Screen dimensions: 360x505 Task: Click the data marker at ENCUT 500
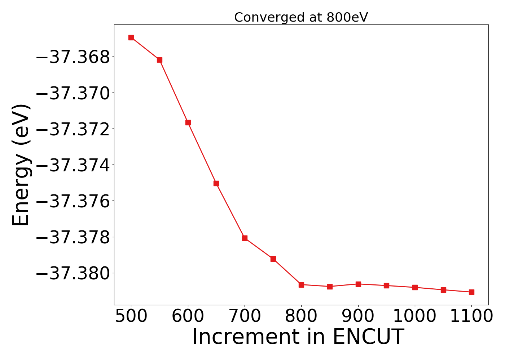point(131,37)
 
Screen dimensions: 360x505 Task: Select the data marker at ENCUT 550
point(159,60)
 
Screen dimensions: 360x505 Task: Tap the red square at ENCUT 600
point(188,122)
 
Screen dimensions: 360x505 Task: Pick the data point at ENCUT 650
point(216,183)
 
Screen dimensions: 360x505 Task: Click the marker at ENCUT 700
point(245,238)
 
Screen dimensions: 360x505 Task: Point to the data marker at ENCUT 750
point(273,259)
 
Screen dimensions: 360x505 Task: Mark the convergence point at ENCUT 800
point(301,285)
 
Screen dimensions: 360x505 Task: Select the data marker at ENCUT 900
point(358,284)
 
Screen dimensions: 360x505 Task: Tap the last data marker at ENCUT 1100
point(471,292)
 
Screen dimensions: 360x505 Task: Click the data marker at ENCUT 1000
point(415,287)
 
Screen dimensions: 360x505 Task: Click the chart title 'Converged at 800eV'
point(301,17)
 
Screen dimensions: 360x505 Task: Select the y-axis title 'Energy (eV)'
point(21,165)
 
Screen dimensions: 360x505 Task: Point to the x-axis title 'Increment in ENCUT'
point(298,337)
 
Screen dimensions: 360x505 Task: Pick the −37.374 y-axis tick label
point(73,165)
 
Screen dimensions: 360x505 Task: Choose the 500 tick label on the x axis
point(131,316)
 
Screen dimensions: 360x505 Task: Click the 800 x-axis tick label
point(301,316)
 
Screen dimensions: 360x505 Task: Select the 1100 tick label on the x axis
point(471,316)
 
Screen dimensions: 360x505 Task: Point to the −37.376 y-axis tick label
point(73,201)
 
